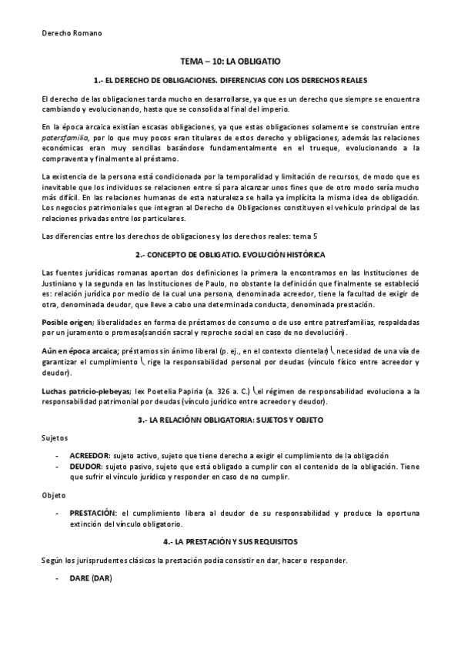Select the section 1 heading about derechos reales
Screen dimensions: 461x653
pyautogui.click(x=230, y=79)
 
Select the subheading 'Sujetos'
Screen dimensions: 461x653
pyautogui.click(x=55, y=438)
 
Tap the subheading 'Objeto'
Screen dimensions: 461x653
pyautogui.click(x=54, y=494)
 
